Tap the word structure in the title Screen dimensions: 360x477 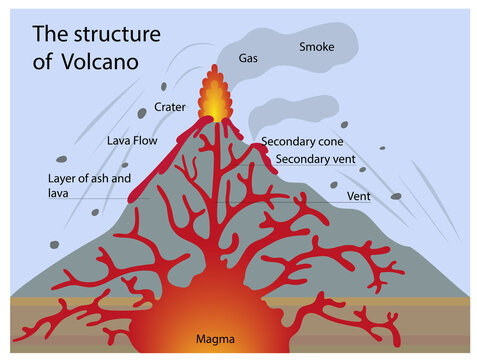pyautogui.click(x=113, y=34)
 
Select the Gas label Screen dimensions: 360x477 pyautogui.click(x=248, y=58)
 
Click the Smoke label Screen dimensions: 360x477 pyautogui.click(x=316, y=47)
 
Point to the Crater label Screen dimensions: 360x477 pyautogui.click(x=170, y=108)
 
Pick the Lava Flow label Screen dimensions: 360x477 pyautogui.click(x=133, y=141)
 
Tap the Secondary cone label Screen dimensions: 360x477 pyautogui.click(x=302, y=142)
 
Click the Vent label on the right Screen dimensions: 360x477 pyautogui.click(x=358, y=196)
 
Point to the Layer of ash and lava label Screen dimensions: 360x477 pyautogui.click(x=89, y=185)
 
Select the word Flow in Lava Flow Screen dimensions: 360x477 pyautogui.click(x=146, y=141)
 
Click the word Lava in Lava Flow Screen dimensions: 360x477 pyautogui.click(x=119, y=141)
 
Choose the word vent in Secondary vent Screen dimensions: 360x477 pyautogui.click(x=342, y=159)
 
